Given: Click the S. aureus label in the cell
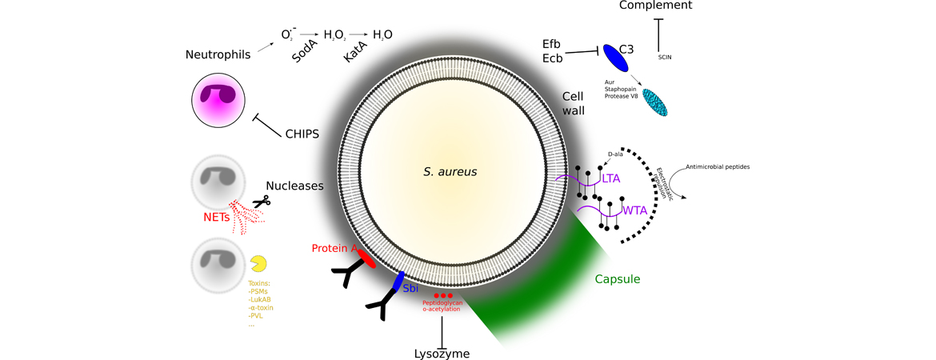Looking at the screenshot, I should click(455, 171).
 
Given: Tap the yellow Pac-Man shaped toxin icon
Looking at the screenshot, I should click(258, 264).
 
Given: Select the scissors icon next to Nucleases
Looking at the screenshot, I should click(260, 203).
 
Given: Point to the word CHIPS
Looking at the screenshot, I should click(302, 134).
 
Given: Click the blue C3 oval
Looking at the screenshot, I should click(615, 58).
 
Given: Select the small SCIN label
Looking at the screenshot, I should click(664, 58).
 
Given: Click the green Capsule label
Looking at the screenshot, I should click(617, 278).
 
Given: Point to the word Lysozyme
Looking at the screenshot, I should click(442, 353).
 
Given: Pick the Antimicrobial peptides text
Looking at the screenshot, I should click(718, 166).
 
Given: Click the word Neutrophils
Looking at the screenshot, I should click(218, 54).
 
